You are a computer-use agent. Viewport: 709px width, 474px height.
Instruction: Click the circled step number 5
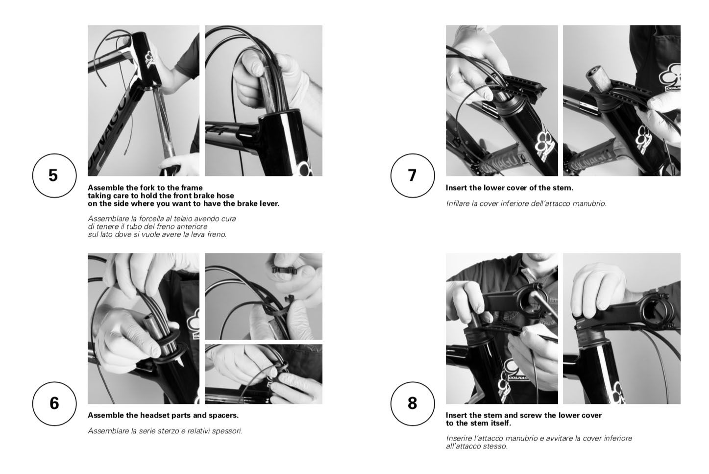(54, 175)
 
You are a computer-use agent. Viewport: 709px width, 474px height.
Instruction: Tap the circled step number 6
(54, 403)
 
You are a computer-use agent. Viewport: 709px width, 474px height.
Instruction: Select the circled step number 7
(413, 175)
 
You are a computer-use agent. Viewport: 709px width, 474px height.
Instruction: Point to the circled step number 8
(413, 403)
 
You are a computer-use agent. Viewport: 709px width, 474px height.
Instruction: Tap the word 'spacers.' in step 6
(224, 415)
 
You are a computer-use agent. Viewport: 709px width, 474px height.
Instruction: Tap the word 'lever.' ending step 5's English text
(269, 203)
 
